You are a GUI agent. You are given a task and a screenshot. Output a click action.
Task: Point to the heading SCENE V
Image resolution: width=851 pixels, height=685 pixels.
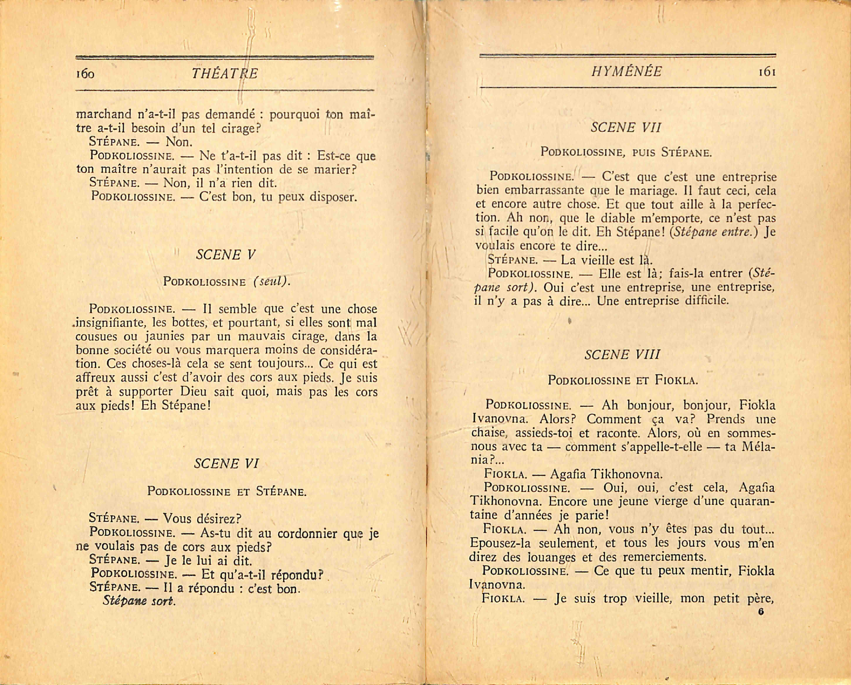(x=226, y=255)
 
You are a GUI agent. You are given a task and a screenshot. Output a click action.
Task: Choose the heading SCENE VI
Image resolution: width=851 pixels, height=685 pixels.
(x=226, y=463)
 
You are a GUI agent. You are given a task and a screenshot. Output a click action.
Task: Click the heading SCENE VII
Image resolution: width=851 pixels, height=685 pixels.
(x=626, y=128)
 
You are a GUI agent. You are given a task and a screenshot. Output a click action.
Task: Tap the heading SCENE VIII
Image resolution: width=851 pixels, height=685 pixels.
(x=622, y=354)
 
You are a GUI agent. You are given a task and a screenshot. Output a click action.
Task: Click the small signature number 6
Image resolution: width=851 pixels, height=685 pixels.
(x=761, y=612)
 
